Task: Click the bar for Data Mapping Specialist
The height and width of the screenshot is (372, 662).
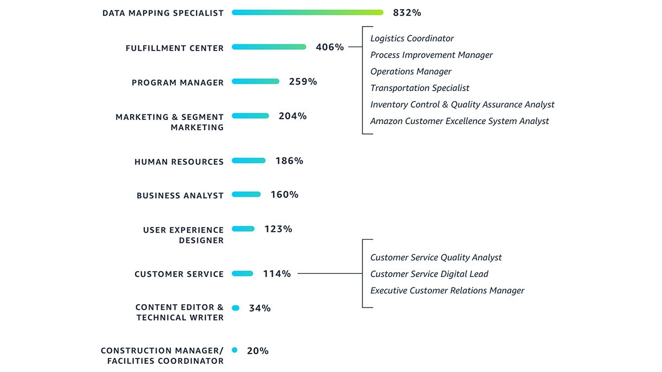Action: (307, 12)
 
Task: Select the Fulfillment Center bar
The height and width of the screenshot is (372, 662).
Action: (269, 47)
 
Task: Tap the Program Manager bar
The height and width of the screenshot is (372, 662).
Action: (255, 81)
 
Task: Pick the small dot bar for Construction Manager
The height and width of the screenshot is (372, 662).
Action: (234, 350)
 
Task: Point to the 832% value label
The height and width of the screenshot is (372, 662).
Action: (407, 12)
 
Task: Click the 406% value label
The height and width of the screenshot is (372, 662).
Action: (329, 47)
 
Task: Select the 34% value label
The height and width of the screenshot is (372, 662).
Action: (259, 308)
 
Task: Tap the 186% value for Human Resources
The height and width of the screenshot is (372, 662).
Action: (289, 161)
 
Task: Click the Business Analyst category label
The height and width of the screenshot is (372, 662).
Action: (180, 196)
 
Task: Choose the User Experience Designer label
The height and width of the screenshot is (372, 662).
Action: (183, 235)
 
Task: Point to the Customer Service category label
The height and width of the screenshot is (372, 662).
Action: (179, 274)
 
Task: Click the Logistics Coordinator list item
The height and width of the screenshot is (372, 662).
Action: (412, 39)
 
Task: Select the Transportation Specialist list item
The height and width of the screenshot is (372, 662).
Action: (419, 88)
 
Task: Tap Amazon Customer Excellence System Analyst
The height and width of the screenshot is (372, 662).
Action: (459, 121)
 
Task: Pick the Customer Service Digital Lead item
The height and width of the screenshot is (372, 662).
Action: (429, 274)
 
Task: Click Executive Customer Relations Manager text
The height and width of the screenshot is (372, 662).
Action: (447, 291)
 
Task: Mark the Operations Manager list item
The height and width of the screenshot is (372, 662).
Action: (410, 72)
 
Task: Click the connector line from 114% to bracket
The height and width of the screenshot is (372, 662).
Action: (329, 274)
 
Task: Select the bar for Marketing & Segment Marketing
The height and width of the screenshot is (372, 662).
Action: (250, 116)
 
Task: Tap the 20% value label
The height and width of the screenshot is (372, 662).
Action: (257, 351)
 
